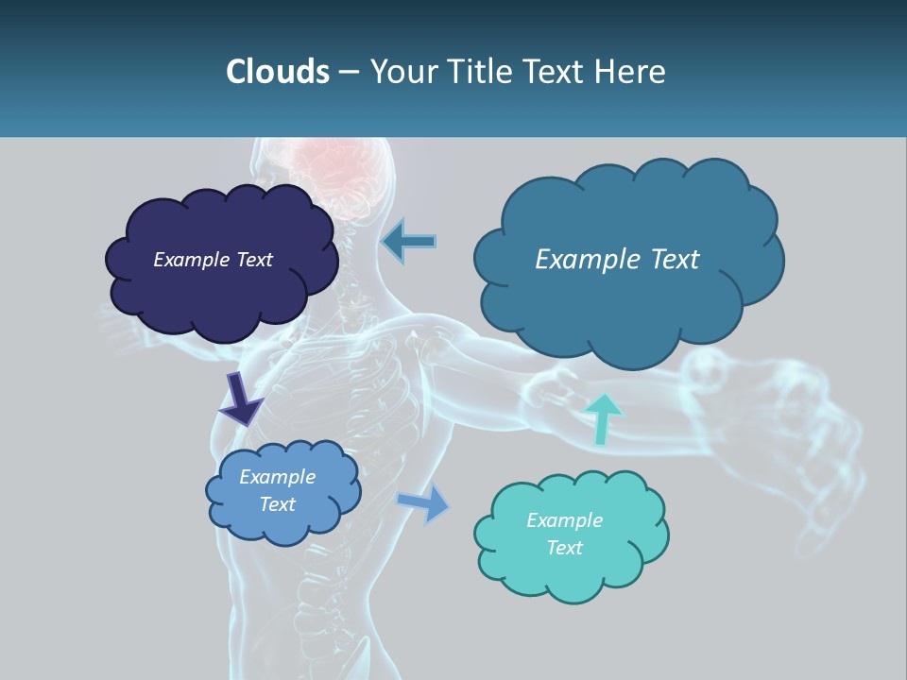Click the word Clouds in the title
pyautogui.click(x=278, y=71)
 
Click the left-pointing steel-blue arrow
pyautogui.click(x=409, y=241)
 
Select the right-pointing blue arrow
pyautogui.click(x=424, y=502)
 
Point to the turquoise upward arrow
pyautogui.click(x=602, y=418)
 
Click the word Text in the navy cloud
pyautogui.click(x=254, y=260)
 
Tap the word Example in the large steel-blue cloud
pyautogui.click(x=587, y=260)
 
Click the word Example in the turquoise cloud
pyautogui.click(x=564, y=520)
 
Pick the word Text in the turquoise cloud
pyautogui.click(x=564, y=548)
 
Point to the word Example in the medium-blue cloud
pyautogui.click(x=277, y=477)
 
